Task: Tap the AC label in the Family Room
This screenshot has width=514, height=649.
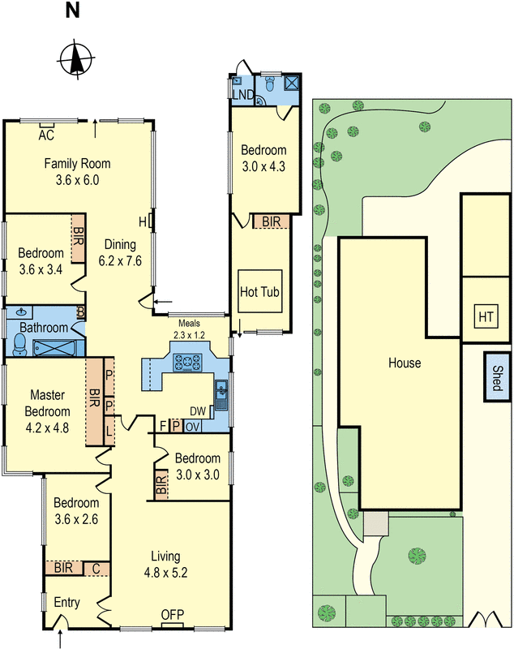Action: coord(46,135)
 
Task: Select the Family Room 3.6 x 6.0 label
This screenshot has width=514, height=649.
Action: coord(77,172)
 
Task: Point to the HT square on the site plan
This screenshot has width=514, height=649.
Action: coord(486,315)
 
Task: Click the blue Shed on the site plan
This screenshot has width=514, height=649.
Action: coord(497,377)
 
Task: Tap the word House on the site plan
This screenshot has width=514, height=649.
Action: coord(404,363)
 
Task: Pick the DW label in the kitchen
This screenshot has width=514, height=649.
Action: coord(197,411)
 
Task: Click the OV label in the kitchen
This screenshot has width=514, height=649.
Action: coord(193,427)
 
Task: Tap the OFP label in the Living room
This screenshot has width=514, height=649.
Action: coord(172,614)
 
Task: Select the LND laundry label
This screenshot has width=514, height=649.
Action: coord(242,96)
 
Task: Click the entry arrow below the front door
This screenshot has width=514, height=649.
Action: coord(61,641)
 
